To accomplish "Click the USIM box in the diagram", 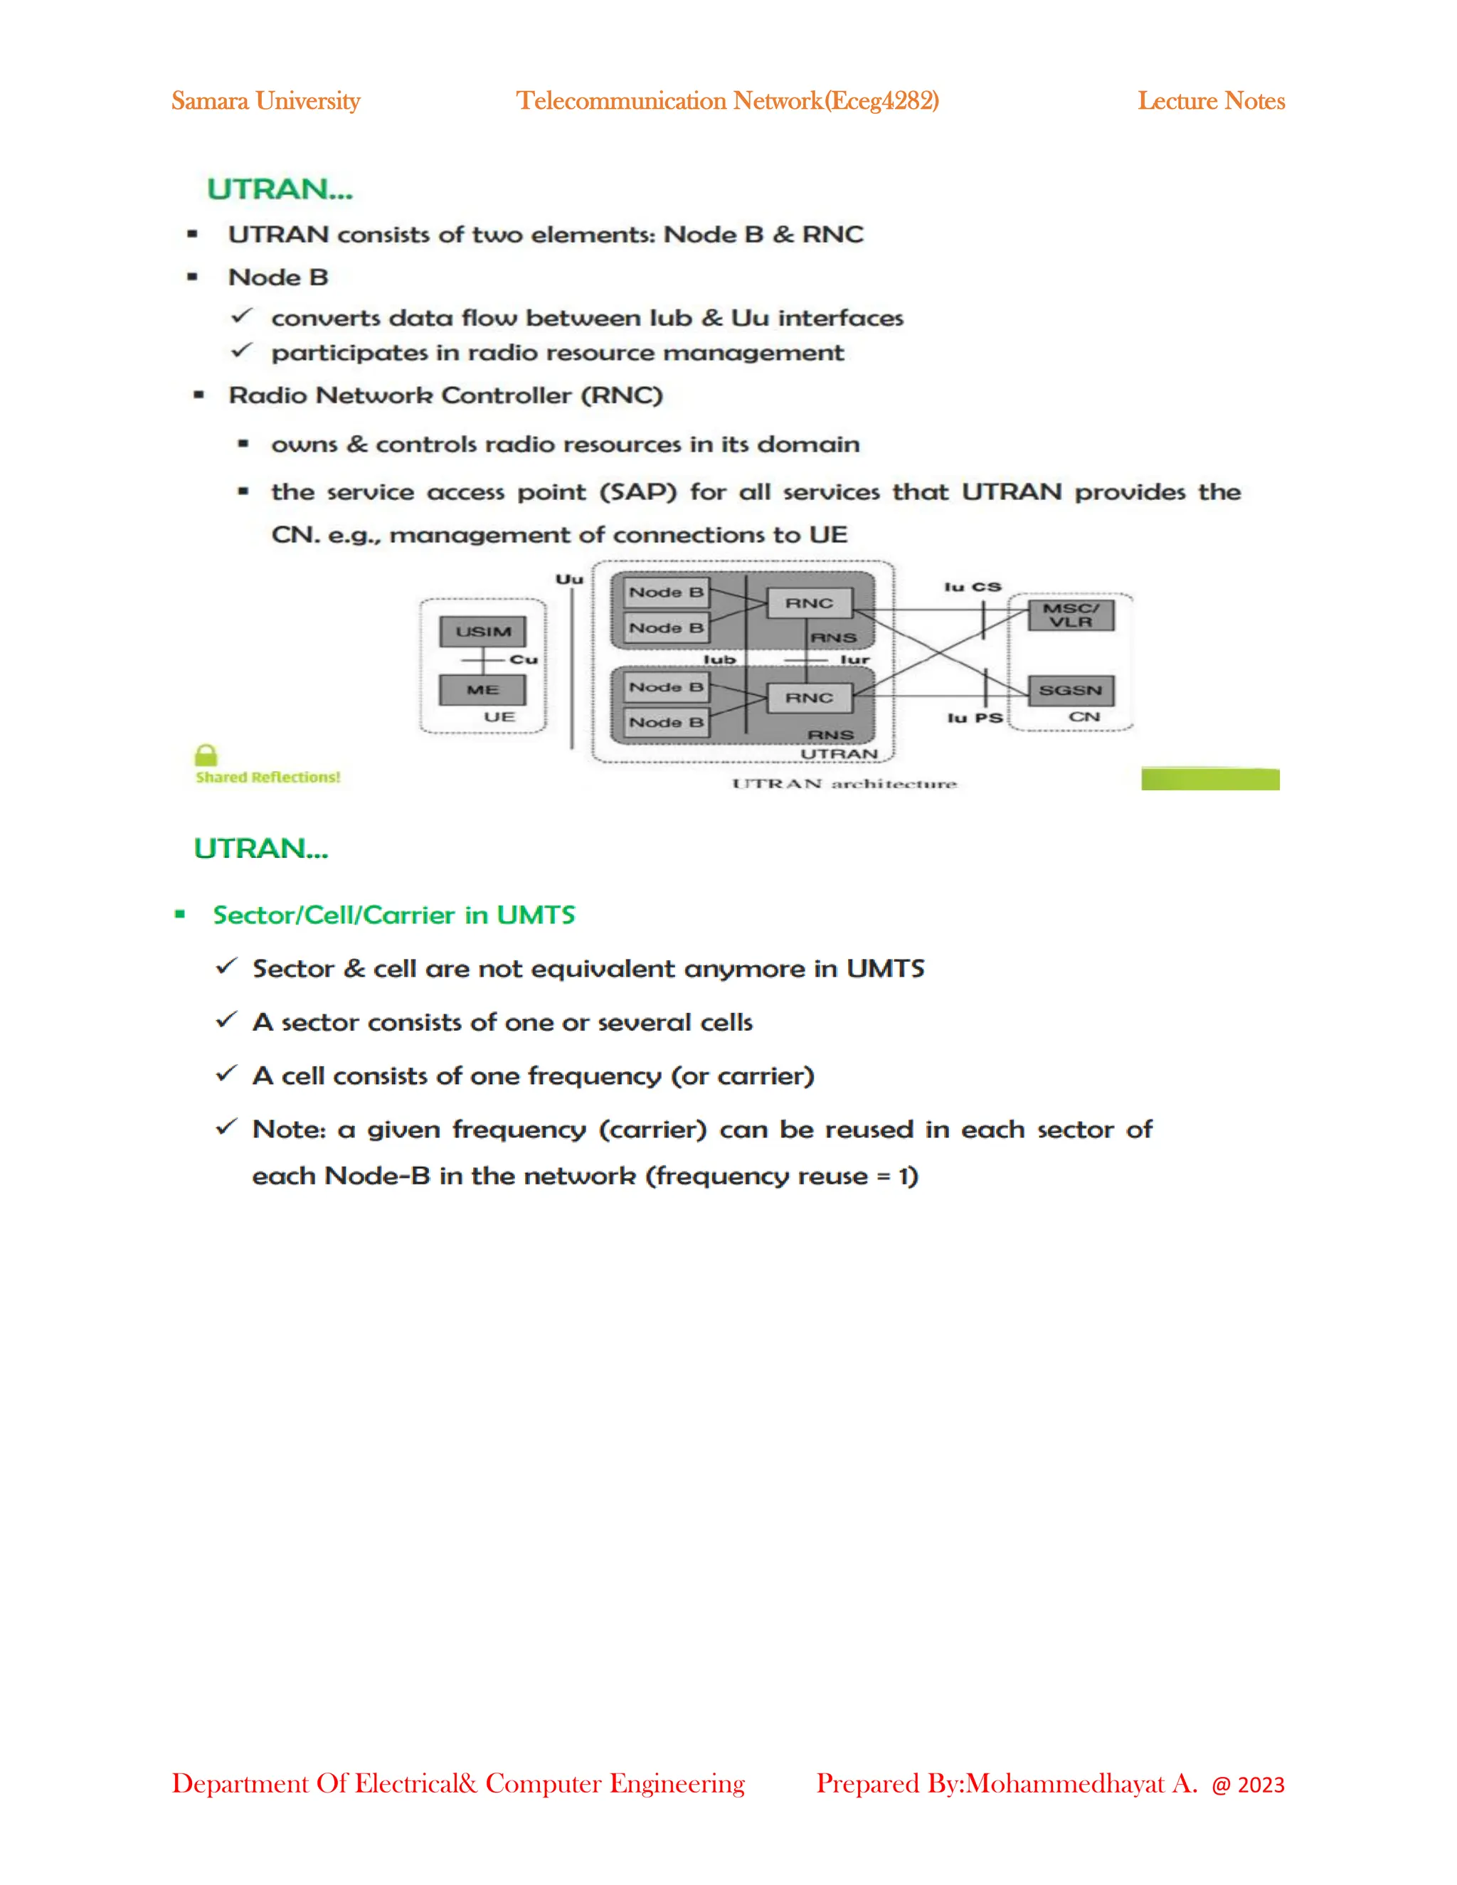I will (x=482, y=632).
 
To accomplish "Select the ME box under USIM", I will (x=482, y=689).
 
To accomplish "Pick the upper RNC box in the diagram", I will (x=809, y=603).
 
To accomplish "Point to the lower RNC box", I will (x=809, y=697).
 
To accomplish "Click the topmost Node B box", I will (x=665, y=592).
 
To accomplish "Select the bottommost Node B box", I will (x=665, y=723).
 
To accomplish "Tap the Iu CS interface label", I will (x=973, y=587).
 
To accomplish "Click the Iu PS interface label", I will (x=975, y=718).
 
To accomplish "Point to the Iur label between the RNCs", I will (x=854, y=659).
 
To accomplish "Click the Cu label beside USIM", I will (x=523, y=659).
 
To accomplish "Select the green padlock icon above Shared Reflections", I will (x=206, y=755).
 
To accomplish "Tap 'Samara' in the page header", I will (x=210, y=101).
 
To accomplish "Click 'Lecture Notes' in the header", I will (x=1210, y=101).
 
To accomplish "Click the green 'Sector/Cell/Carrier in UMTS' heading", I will (x=393, y=915).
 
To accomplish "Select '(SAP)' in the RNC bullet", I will (x=638, y=492).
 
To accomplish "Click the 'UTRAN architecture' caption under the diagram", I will (x=844, y=783).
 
